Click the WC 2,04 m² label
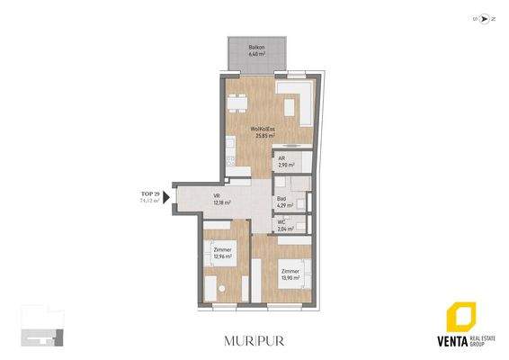click(282, 226)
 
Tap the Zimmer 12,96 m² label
click(222, 253)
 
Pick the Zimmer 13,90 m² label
click(290, 274)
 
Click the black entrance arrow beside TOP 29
click(167, 200)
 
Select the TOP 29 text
click(150, 194)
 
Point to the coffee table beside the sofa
click(290, 107)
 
